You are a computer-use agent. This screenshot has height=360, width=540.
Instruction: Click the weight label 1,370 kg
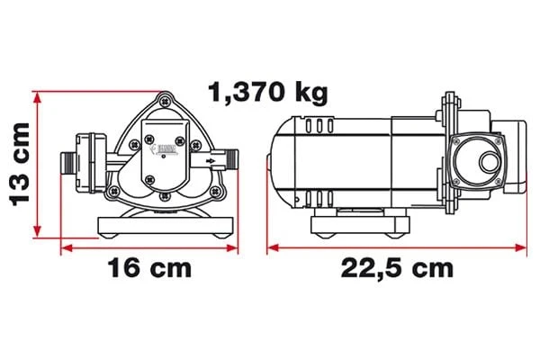point(267,91)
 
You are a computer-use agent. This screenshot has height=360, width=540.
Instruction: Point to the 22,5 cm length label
point(396,268)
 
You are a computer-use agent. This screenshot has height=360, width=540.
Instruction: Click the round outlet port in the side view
point(487,163)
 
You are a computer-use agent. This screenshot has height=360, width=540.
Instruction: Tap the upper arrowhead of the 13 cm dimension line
point(37,94)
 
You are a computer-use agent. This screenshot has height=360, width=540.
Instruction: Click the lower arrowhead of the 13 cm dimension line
point(37,230)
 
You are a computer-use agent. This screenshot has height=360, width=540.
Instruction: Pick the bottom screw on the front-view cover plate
point(165,194)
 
